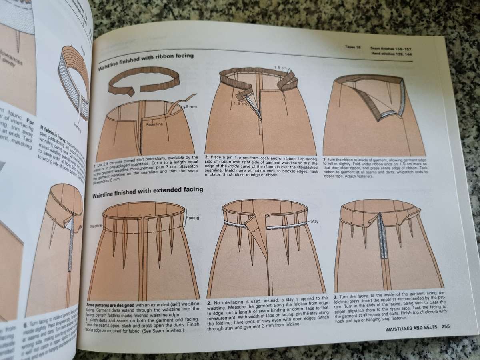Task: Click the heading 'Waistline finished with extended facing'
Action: click(x=148, y=194)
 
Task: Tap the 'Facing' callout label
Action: click(x=192, y=218)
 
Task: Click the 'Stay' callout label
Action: click(x=314, y=221)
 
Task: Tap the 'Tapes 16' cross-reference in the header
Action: click(x=353, y=47)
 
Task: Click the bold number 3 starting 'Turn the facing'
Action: click(x=335, y=298)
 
